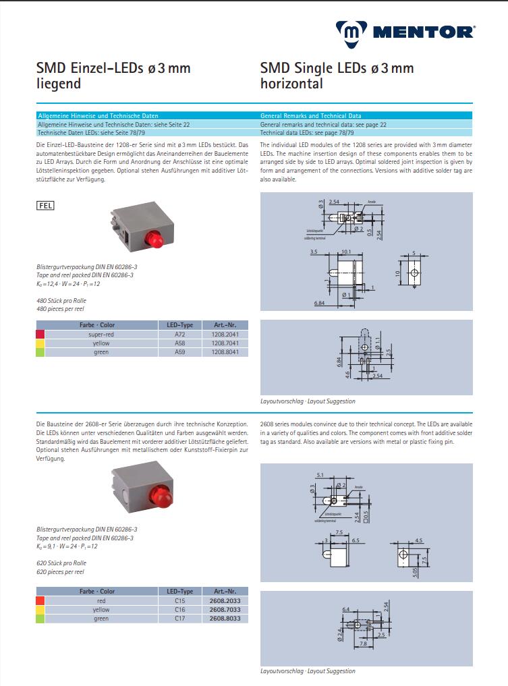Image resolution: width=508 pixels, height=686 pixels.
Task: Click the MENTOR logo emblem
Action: pyautogui.click(x=351, y=31)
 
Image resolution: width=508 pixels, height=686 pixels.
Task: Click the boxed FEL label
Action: pyautogui.click(x=45, y=204)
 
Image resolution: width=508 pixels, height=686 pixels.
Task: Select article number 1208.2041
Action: pyautogui.click(x=225, y=334)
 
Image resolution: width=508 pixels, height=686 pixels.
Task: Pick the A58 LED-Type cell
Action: pyautogui.click(x=179, y=343)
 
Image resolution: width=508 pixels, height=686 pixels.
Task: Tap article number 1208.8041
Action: pyautogui.click(x=225, y=352)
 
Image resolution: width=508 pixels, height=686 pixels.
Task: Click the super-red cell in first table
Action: pyautogui.click(x=101, y=334)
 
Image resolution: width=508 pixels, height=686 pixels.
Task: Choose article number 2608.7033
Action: pyautogui.click(x=225, y=609)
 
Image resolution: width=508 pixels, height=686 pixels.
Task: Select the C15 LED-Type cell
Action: pyautogui.click(x=179, y=600)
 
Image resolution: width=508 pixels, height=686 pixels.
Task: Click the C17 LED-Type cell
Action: pyautogui.click(x=179, y=618)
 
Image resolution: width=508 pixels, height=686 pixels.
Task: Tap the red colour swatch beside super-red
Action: pyautogui.click(x=40, y=334)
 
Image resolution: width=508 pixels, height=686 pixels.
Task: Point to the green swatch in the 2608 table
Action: pyautogui.click(x=40, y=618)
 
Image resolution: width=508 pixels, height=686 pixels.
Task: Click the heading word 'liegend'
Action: pyautogui.click(x=58, y=84)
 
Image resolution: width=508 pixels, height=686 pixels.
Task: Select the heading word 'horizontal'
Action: pyautogui.click(x=291, y=84)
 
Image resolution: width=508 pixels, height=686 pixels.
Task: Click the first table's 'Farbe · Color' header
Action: pyautogui.click(x=96, y=324)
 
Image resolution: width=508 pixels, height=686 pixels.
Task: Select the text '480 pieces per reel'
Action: pyautogui.click(x=61, y=309)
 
